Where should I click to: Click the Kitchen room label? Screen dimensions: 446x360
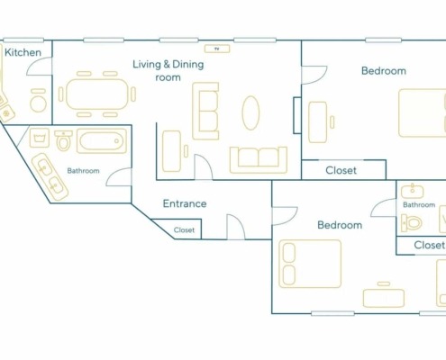(23, 52)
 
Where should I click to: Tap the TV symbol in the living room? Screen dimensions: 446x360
(217, 49)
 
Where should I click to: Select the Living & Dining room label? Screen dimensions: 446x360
(168, 70)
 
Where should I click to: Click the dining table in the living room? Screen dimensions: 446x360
(97, 94)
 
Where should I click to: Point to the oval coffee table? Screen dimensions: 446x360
(250, 112)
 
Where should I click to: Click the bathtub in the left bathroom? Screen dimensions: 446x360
(102, 140)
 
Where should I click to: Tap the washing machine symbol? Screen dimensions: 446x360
(40, 138)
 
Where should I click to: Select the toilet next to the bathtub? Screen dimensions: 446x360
(63, 140)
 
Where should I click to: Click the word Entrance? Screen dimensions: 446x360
(185, 203)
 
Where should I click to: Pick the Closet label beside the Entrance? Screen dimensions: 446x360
(184, 230)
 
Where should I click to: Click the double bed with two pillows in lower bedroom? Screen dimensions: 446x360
(310, 264)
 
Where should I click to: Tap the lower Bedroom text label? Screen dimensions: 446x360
(340, 225)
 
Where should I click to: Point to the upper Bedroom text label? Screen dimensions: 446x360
(384, 71)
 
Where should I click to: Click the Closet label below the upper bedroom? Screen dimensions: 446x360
(341, 170)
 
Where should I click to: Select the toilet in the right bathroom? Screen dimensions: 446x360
(412, 223)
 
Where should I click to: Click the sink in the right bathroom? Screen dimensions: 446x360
(413, 192)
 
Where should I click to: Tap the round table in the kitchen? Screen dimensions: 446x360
(39, 103)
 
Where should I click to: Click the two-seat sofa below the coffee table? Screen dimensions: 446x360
(259, 160)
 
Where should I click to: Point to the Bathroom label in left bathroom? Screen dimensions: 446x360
(83, 171)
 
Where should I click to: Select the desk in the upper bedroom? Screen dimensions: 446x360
(318, 122)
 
